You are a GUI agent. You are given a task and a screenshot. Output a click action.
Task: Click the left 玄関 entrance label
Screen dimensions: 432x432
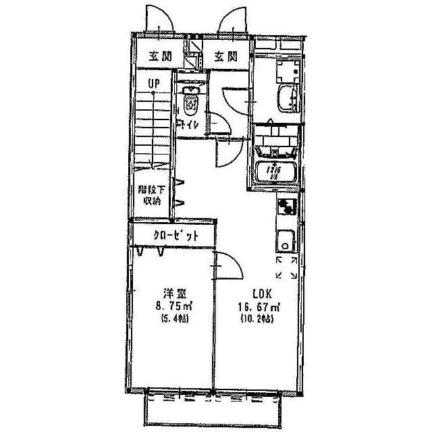(159, 57)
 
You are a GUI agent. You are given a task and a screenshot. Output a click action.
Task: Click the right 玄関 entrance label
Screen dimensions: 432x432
(226, 57)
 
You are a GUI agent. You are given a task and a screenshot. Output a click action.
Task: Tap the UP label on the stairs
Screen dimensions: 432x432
(155, 84)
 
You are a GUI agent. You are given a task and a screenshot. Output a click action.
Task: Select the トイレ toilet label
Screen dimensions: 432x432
(188, 125)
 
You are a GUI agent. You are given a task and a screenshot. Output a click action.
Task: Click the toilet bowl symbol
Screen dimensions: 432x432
(192, 104)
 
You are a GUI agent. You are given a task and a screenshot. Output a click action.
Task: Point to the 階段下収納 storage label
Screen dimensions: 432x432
(149, 195)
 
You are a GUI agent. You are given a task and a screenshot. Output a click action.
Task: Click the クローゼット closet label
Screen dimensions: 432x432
(174, 236)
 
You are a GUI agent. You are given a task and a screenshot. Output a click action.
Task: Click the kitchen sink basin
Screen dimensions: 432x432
(285, 239)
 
